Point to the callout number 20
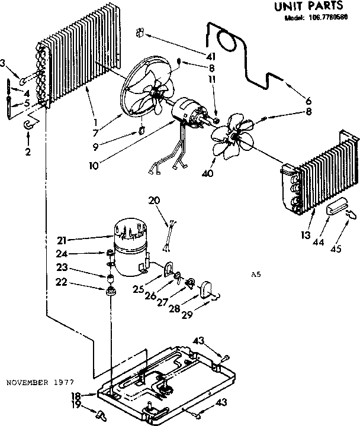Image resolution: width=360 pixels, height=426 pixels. point(155,201)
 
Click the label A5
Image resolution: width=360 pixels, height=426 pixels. point(256,275)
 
